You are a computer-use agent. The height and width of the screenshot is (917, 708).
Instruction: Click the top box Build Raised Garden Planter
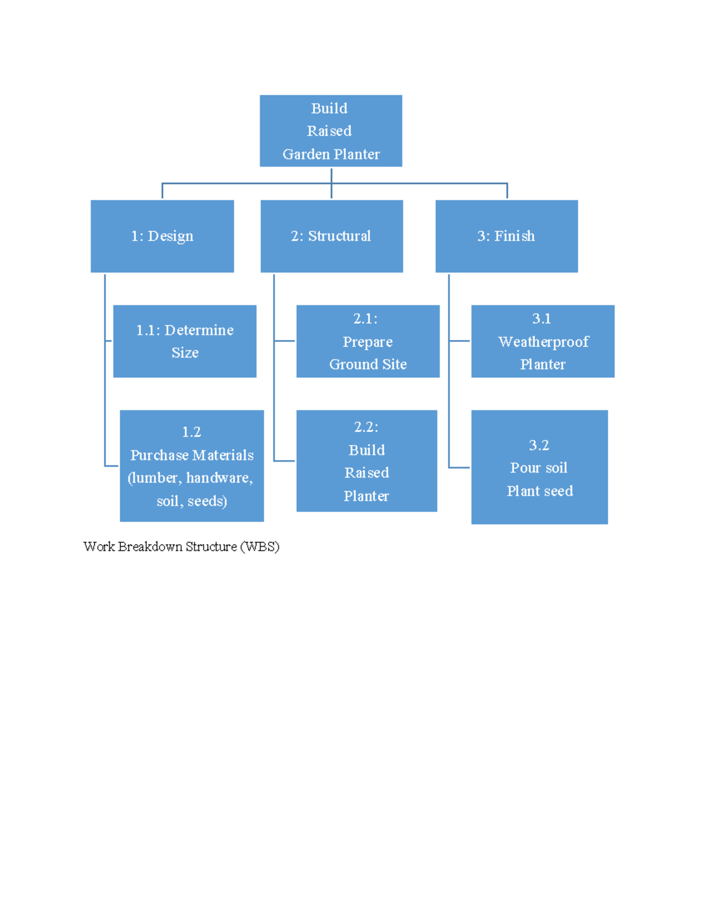point(330,130)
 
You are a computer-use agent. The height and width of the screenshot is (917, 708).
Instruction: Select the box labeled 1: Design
point(162,236)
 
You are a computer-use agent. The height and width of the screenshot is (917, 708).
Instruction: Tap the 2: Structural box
point(332,236)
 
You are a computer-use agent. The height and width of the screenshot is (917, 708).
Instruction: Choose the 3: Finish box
point(506,236)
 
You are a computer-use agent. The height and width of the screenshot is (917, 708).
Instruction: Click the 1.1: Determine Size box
point(185,341)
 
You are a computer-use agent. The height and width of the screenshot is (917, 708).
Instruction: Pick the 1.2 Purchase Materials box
point(192,466)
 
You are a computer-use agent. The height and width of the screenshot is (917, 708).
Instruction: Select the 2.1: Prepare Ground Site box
point(368,341)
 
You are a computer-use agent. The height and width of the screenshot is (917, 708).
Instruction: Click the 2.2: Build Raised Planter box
point(366,461)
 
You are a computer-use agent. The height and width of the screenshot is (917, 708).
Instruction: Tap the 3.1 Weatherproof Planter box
point(543,341)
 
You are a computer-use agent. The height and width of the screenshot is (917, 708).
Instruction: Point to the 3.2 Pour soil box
point(539,467)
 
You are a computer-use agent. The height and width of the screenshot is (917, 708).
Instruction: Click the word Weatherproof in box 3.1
point(543,342)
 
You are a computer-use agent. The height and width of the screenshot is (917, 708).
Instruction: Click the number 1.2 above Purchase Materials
point(191,432)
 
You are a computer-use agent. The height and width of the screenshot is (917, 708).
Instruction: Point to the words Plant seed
point(540,491)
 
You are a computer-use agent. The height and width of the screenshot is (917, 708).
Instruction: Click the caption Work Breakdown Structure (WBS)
point(181,547)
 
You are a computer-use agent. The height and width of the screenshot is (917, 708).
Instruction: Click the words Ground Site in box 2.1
point(368,365)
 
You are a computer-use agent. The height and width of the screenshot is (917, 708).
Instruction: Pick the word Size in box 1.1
point(185,353)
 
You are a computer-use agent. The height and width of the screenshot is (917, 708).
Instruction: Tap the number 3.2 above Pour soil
point(539,445)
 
